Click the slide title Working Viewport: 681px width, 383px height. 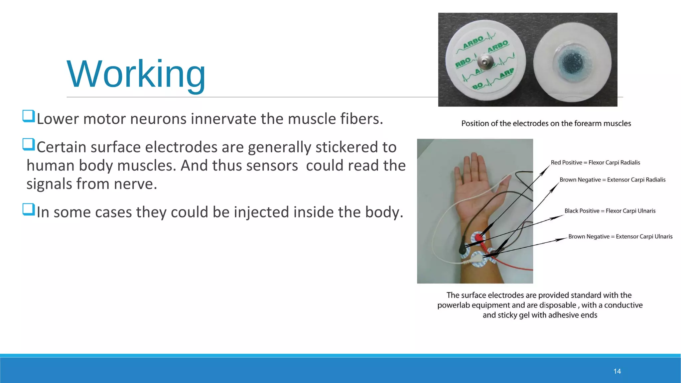point(136,74)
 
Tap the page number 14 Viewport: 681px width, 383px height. point(617,371)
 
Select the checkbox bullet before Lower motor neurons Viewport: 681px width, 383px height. point(29,116)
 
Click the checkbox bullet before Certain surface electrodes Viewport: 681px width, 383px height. point(29,144)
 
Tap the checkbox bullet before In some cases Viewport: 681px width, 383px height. point(29,209)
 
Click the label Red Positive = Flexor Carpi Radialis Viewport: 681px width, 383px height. point(595,163)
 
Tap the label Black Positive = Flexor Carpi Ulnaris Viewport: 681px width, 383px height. point(610,211)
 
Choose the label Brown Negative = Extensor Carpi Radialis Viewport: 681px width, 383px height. point(613,180)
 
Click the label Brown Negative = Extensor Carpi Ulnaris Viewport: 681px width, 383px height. point(620,236)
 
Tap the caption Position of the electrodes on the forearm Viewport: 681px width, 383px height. point(546,124)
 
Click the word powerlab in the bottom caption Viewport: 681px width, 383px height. point(454,305)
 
